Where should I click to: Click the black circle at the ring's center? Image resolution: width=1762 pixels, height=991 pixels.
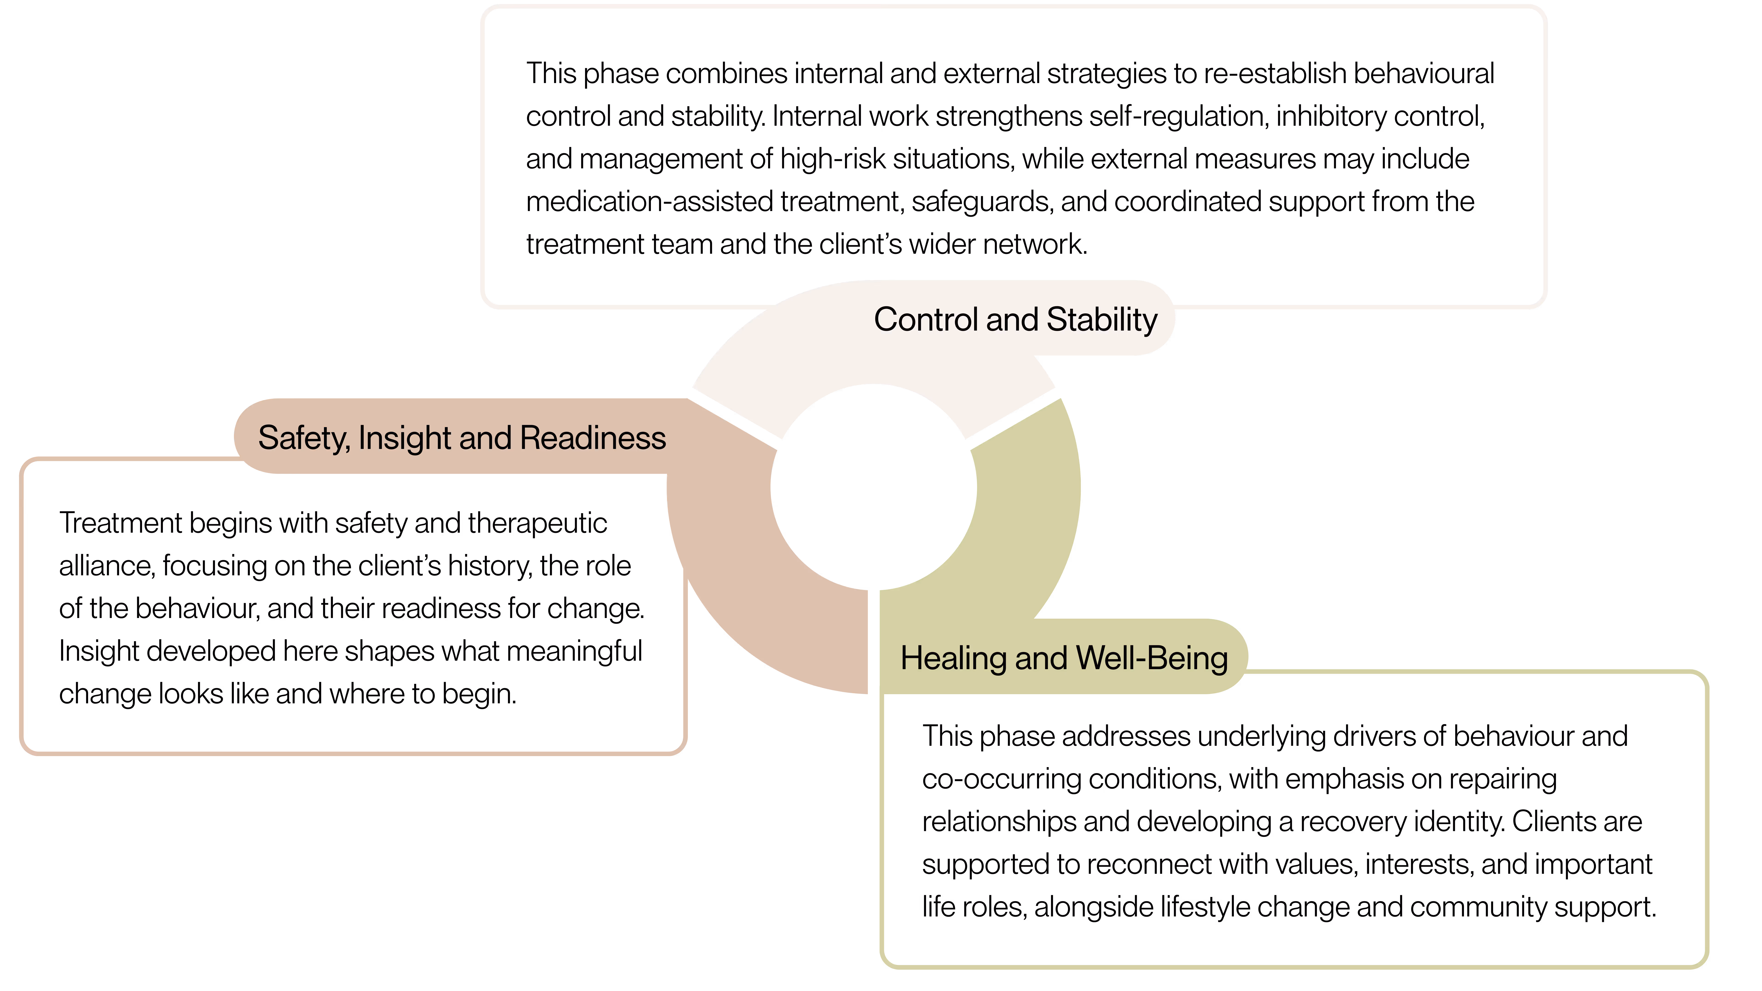[x=873, y=487]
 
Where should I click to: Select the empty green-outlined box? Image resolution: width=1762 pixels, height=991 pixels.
[x=1293, y=821]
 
